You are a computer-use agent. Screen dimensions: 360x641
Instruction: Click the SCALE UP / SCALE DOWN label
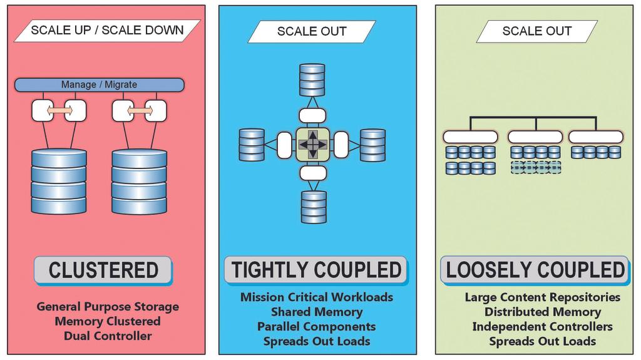point(107,30)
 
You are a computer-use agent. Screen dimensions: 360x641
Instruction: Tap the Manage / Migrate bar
point(99,85)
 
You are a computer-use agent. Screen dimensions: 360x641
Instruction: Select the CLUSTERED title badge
point(103,270)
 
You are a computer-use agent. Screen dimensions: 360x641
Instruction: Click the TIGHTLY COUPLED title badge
point(316,270)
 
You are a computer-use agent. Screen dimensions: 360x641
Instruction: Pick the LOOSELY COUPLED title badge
point(535,270)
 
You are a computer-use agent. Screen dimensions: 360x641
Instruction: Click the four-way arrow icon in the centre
point(312,145)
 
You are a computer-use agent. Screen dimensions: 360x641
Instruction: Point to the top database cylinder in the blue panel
point(312,80)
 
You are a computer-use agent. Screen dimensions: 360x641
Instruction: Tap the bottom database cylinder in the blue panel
point(313,207)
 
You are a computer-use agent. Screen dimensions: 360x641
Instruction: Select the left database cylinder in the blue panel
point(252,145)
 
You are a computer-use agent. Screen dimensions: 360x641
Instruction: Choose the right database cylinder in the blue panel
point(373,145)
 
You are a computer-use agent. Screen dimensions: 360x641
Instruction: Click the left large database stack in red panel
point(59,182)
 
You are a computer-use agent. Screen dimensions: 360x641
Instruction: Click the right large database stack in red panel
point(139,182)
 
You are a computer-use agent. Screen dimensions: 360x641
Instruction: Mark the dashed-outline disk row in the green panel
point(535,167)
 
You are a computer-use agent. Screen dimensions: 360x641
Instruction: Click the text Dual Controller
point(108,336)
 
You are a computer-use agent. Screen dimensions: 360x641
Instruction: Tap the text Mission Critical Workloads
point(316,297)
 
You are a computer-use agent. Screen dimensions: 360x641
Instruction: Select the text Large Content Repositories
point(542,297)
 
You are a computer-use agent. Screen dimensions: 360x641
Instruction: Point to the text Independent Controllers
point(542,327)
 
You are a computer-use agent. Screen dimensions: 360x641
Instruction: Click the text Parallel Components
point(316,326)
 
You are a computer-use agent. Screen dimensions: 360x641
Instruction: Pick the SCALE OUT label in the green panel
point(537,31)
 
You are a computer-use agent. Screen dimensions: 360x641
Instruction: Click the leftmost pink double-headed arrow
point(59,111)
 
